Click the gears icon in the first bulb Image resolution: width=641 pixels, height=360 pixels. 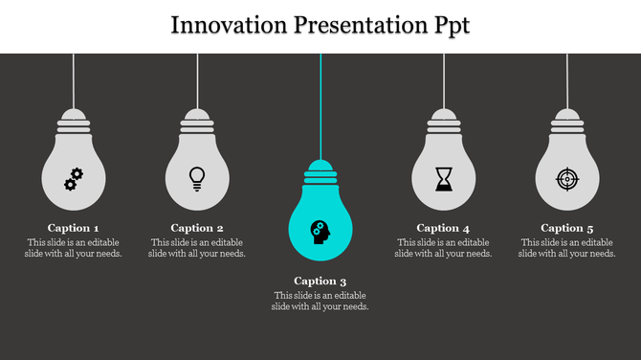point(74,178)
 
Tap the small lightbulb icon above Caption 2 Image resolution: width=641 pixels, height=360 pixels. point(197,178)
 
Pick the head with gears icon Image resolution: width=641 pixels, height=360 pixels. point(320,231)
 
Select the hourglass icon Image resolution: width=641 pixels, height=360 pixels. point(444,178)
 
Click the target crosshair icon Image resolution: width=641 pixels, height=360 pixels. point(567,178)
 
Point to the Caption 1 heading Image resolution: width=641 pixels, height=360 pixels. point(74,228)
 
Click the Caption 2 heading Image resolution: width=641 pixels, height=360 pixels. point(197,228)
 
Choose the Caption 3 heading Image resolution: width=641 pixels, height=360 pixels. point(320,281)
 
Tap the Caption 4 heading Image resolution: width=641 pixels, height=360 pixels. point(444,228)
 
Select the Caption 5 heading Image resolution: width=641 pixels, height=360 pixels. point(567,228)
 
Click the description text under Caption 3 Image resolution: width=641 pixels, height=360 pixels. point(320,301)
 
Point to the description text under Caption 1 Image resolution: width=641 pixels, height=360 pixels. point(74,248)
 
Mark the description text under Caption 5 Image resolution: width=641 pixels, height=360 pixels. point(567,248)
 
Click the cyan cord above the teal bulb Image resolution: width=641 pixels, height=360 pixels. point(320,105)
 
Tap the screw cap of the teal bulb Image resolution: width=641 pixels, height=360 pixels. point(320,172)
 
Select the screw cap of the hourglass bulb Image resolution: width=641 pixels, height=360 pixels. point(444,120)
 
